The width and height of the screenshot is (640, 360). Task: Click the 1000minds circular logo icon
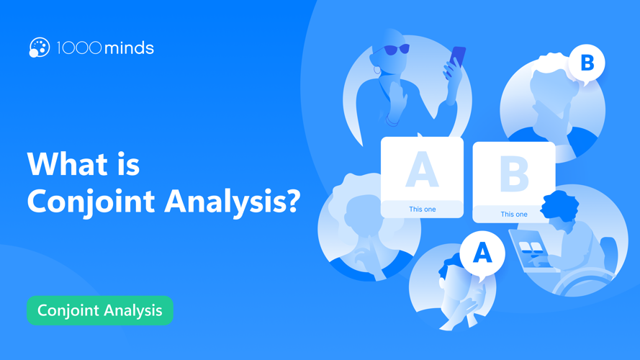[x=39, y=48]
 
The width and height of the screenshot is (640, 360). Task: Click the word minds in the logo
[x=129, y=48]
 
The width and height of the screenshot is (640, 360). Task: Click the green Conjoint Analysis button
[x=100, y=310]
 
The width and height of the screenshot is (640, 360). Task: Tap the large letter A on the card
[x=422, y=171]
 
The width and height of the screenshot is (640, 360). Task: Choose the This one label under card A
[x=423, y=210]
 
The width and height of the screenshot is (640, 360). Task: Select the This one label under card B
[x=514, y=215]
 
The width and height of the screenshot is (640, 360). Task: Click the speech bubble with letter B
[x=587, y=63]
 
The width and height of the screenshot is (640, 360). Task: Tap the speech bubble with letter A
[x=482, y=253]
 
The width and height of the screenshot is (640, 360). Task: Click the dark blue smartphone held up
[x=457, y=57]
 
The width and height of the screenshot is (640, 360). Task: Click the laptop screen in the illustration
[x=529, y=249]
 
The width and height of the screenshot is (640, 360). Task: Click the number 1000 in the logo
[x=78, y=48]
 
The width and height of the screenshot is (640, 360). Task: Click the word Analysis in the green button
[x=131, y=310]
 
